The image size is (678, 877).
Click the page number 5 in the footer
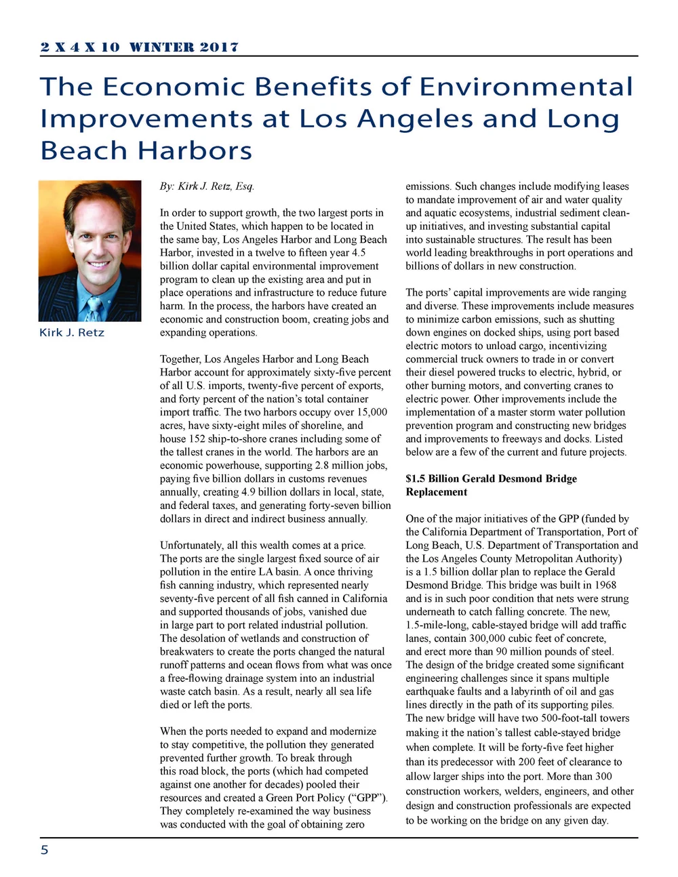tap(45, 850)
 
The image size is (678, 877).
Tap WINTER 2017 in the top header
tap(184, 47)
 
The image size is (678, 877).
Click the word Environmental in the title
tap(525, 87)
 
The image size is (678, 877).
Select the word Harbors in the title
tap(195, 150)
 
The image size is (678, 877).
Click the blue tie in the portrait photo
tap(93, 308)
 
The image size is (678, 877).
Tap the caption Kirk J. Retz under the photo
tap(72, 332)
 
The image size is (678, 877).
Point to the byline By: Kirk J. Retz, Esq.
tap(207, 186)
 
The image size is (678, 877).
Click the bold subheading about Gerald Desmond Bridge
tap(491, 485)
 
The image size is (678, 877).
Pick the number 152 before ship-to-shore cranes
tap(198, 438)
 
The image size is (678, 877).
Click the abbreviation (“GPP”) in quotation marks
tap(370, 797)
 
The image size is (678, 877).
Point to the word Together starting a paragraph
tap(180, 359)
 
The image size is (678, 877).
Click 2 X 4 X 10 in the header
tap(80, 47)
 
